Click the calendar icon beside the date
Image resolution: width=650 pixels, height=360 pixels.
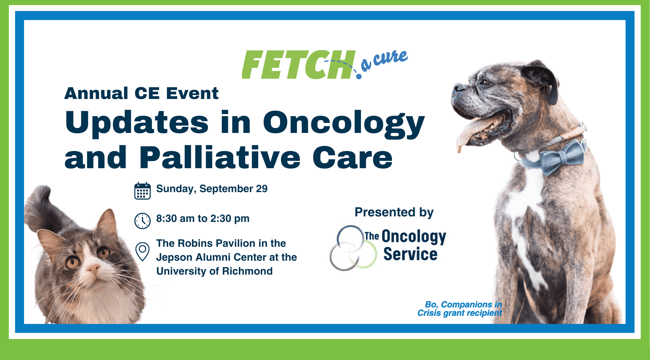pyautogui.click(x=142, y=191)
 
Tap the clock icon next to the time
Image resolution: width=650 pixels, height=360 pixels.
pyautogui.click(x=142, y=221)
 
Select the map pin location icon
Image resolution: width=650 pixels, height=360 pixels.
pyautogui.click(x=142, y=251)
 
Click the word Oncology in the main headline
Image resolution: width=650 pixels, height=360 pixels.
pyautogui.click(x=343, y=123)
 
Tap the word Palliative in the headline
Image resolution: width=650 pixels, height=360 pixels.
pyautogui.click(x=220, y=158)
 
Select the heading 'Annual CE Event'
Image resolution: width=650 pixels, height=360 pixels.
pyautogui.click(x=141, y=93)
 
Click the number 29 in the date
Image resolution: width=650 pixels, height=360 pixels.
pyautogui.click(x=262, y=189)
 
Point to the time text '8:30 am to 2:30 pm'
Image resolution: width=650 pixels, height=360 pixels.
pyautogui.click(x=203, y=218)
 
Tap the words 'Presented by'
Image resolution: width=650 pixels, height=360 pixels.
pyautogui.click(x=394, y=212)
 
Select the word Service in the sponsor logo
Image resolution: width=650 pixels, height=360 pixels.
pyautogui.click(x=410, y=254)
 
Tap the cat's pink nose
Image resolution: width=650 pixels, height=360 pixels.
pyautogui.click(x=93, y=268)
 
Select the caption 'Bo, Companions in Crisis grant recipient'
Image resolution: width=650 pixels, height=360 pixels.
pyautogui.click(x=460, y=309)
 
